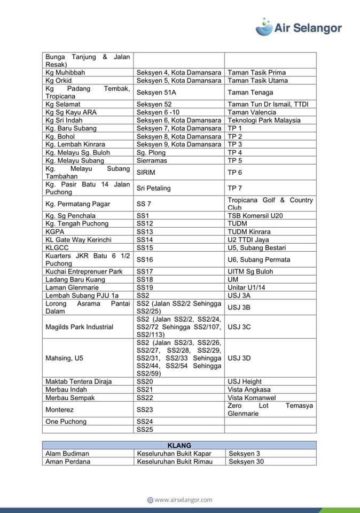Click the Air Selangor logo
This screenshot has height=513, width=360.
click(299, 27)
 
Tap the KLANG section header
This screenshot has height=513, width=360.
click(179, 445)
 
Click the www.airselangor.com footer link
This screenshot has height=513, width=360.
click(179, 500)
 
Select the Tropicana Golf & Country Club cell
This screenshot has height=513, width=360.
click(270, 204)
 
